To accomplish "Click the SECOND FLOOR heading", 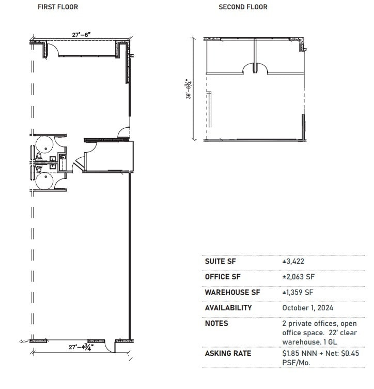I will pyautogui.click(x=243, y=7).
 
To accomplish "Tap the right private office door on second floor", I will pyautogui.click(x=261, y=68).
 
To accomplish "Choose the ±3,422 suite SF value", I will pyautogui.click(x=293, y=262).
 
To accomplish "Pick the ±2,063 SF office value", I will pyautogui.click(x=298, y=277).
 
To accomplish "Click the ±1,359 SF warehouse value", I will pyautogui.click(x=298, y=292).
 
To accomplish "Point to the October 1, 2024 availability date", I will pyautogui.click(x=307, y=308).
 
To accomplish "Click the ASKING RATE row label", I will pyautogui.click(x=228, y=353).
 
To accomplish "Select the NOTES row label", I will pyautogui.click(x=216, y=323).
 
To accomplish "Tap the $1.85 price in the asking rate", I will pyautogui.click(x=291, y=353).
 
